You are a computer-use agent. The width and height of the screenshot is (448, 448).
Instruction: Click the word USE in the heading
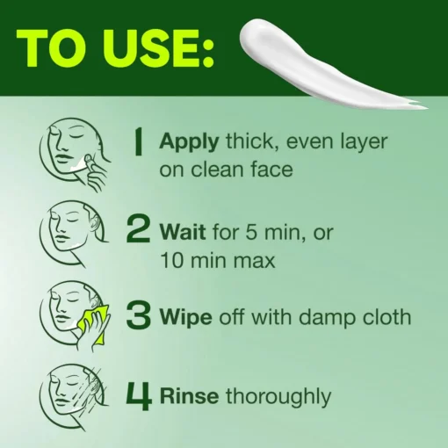tap(155, 49)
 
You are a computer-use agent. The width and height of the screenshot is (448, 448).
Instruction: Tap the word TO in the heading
tap(57, 49)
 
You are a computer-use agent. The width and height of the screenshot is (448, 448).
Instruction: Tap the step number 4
tap(139, 395)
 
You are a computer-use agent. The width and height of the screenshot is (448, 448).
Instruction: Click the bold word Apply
tap(189, 142)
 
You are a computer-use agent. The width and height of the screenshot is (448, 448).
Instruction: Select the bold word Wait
tap(183, 232)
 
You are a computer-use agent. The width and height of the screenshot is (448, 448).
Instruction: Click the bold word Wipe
tap(186, 318)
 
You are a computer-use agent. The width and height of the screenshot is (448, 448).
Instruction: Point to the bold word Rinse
tap(189, 396)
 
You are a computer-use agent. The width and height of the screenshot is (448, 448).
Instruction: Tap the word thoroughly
tap(278, 397)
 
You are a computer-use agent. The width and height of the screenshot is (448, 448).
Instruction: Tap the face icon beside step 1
tap(75, 155)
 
